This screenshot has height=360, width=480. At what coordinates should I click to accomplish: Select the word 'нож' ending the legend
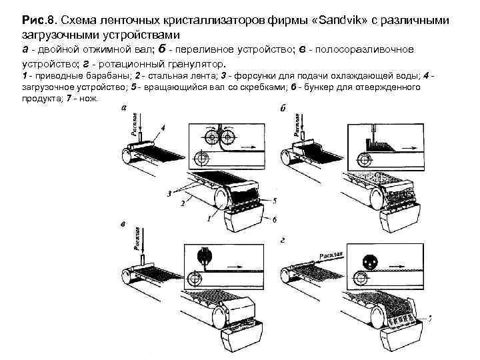88,97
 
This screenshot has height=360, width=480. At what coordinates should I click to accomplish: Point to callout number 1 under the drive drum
211,218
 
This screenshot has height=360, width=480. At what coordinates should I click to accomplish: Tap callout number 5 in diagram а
274,201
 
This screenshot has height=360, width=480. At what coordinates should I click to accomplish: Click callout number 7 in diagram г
431,319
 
